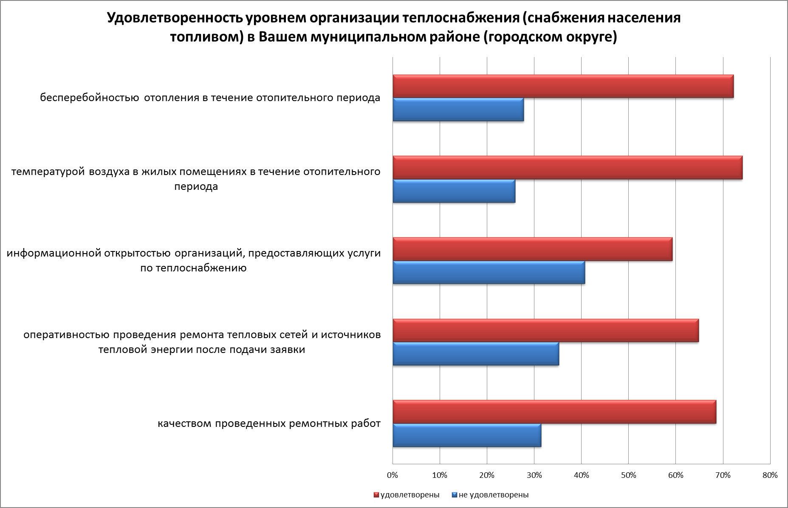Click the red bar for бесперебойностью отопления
[563, 86]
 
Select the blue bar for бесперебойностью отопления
[458, 110]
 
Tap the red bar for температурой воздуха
[568, 168]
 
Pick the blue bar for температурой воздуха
[454, 191]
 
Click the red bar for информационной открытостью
[532, 249]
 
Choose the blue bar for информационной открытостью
[489, 272]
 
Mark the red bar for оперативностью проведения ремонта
[545, 330]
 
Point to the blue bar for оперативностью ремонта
[476, 354]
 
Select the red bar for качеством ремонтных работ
[554, 412]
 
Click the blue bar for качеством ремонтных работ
[467, 435]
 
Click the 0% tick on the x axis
[393, 475]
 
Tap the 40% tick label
[581, 475]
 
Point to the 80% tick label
[770, 475]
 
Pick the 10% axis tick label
[440, 475]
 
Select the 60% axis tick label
[675, 475]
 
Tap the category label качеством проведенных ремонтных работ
[269, 423]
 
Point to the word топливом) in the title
[206, 37]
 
